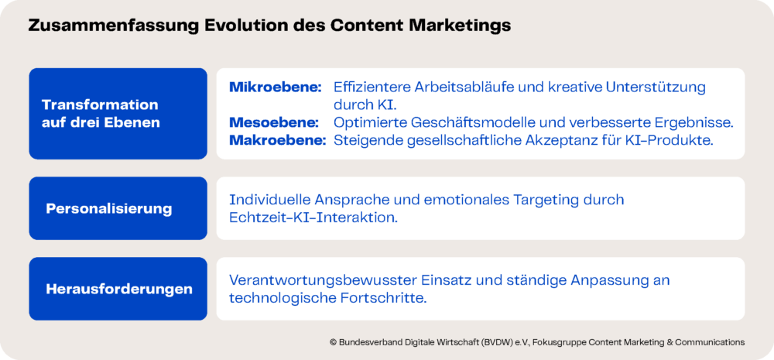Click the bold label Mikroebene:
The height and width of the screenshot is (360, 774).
(x=276, y=87)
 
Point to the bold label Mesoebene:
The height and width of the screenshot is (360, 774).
(x=273, y=122)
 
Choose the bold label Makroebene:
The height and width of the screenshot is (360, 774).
(x=277, y=140)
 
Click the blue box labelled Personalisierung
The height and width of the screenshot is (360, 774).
(x=118, y=208)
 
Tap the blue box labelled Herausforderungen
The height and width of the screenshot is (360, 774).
(x=118, y=289)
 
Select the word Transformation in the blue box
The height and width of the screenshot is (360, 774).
(x=100, y=105)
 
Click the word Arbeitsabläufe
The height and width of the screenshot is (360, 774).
(x=452, y=87)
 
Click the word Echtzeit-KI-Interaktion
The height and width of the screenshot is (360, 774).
(x=313, y=218)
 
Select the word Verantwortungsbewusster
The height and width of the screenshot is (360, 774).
(x=324, y=281)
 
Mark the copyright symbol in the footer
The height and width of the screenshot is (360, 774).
(x=333, y=341)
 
